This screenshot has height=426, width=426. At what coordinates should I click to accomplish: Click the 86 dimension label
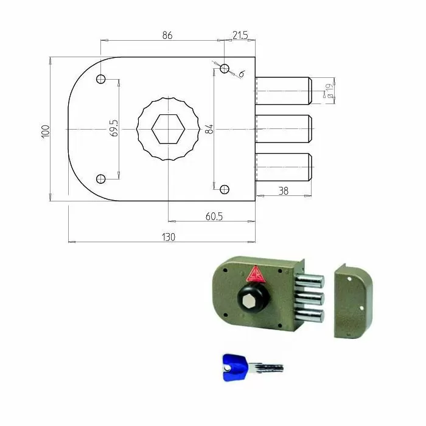click(167, 36)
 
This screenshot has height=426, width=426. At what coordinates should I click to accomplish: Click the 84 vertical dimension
click(209, 129)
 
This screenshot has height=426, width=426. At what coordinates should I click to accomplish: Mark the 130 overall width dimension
click(168, 237)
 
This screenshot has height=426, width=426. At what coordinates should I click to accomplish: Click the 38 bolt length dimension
click(284, 190)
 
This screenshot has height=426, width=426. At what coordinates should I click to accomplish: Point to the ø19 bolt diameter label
click(329, 91)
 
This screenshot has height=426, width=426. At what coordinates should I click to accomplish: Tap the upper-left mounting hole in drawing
click(101, 80)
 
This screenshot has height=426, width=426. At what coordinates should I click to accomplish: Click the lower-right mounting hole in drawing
click(225, 190)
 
